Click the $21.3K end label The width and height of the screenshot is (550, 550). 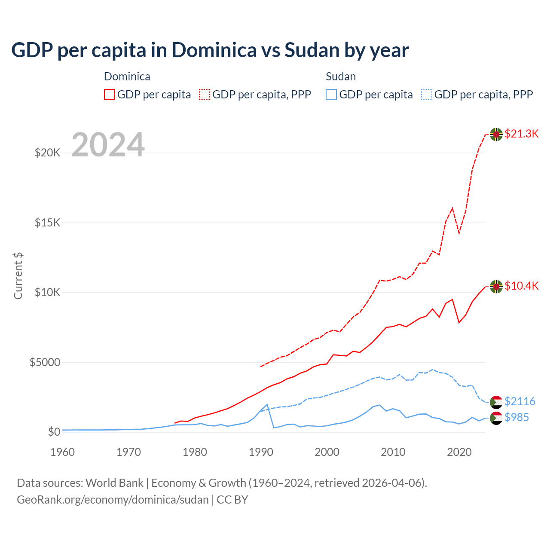(521, 134)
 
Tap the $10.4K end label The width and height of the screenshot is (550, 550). (521, 286)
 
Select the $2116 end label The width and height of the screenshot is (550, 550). (519, 401)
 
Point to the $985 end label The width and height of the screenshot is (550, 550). (516, 417)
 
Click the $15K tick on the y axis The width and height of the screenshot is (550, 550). (47, 223)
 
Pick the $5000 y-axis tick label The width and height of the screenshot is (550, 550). (45, 362)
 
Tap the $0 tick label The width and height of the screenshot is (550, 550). (54, 432)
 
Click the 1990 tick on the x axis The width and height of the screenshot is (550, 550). (261, 452)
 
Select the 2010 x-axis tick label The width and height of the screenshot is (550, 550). (393, 452)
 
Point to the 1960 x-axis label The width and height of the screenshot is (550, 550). (62, 452)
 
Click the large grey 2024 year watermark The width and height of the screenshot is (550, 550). (108, 145)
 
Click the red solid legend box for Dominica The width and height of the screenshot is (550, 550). (110, 95)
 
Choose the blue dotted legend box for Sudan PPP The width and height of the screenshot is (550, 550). (427, 95)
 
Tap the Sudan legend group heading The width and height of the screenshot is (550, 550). (341, 76)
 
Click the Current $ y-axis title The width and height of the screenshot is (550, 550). (18, 275)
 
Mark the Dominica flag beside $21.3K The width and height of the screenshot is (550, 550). (496, 134)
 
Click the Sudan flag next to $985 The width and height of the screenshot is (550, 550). (496, 418)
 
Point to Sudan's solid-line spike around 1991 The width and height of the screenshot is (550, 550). (267, 405)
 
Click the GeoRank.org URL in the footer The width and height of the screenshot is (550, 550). (113, 500)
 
